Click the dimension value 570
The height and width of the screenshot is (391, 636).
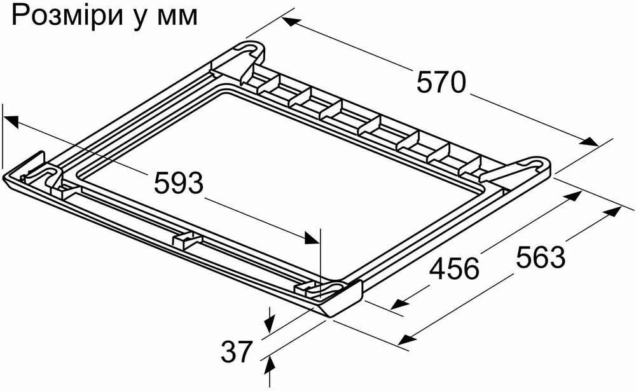[441, 82]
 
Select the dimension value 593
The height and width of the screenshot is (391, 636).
[179, 183]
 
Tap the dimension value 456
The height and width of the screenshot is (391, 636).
[455, 268]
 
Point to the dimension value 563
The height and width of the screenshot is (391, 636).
[541, 257]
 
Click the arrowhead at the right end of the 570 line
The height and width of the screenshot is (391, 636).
[590, 142]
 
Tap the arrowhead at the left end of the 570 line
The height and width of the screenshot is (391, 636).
[292, 22]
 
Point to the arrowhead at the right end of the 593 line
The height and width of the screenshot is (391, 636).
[312, 238]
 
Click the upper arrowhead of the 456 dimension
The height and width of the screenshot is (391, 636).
[572, 196]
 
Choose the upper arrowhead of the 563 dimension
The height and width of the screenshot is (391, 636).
[613, 210]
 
